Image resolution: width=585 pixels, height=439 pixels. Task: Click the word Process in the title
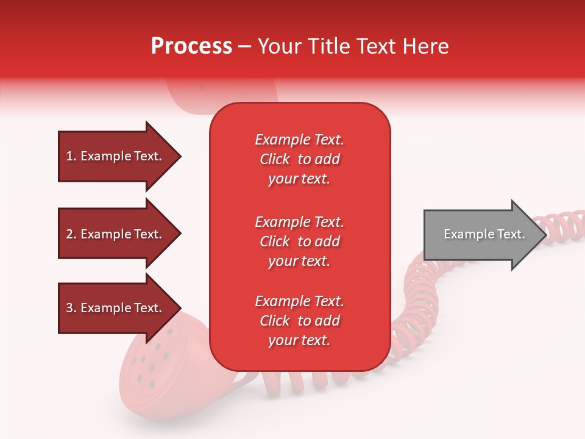tap(191, 46)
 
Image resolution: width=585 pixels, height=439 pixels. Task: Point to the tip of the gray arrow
tap(545, 235)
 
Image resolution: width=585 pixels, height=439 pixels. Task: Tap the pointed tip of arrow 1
tap(180, 157)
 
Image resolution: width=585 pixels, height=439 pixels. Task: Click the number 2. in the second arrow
tap(71, 234)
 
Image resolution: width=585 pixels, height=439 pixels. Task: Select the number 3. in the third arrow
tap(71, 308)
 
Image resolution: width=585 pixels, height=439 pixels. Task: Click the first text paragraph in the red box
tap(299, 159)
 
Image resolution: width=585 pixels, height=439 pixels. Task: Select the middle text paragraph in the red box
tap(299, 241)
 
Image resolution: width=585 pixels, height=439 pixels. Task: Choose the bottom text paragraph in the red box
tap(299, 321)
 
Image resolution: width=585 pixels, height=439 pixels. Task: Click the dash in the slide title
tap(244, 46)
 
